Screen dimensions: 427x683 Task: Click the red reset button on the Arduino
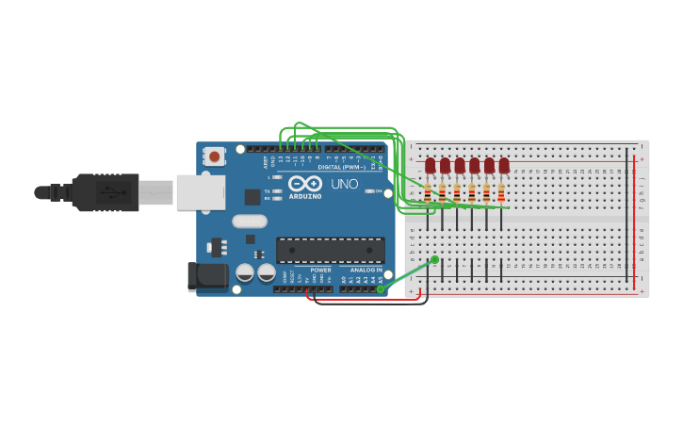click(215, 156)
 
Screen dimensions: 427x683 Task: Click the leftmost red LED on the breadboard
click(431, 166)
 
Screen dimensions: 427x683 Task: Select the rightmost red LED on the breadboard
click(504, 166)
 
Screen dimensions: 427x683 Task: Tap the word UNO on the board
click(344, 184)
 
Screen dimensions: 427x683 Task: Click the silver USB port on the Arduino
click(201, 192)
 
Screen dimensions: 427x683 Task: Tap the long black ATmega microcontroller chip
click(331, 250)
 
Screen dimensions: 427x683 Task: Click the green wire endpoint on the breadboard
click(434, 259)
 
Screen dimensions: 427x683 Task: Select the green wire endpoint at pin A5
click(381, 288)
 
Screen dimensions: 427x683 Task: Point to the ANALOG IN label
click(366, 270)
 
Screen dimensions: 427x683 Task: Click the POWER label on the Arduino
click(320, 270)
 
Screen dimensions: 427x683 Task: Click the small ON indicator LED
click(367, 191)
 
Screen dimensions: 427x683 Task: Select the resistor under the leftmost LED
click(428, 193)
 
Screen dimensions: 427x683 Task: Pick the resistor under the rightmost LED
click(501, 193)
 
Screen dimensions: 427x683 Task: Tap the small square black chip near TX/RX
click(252, 196)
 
